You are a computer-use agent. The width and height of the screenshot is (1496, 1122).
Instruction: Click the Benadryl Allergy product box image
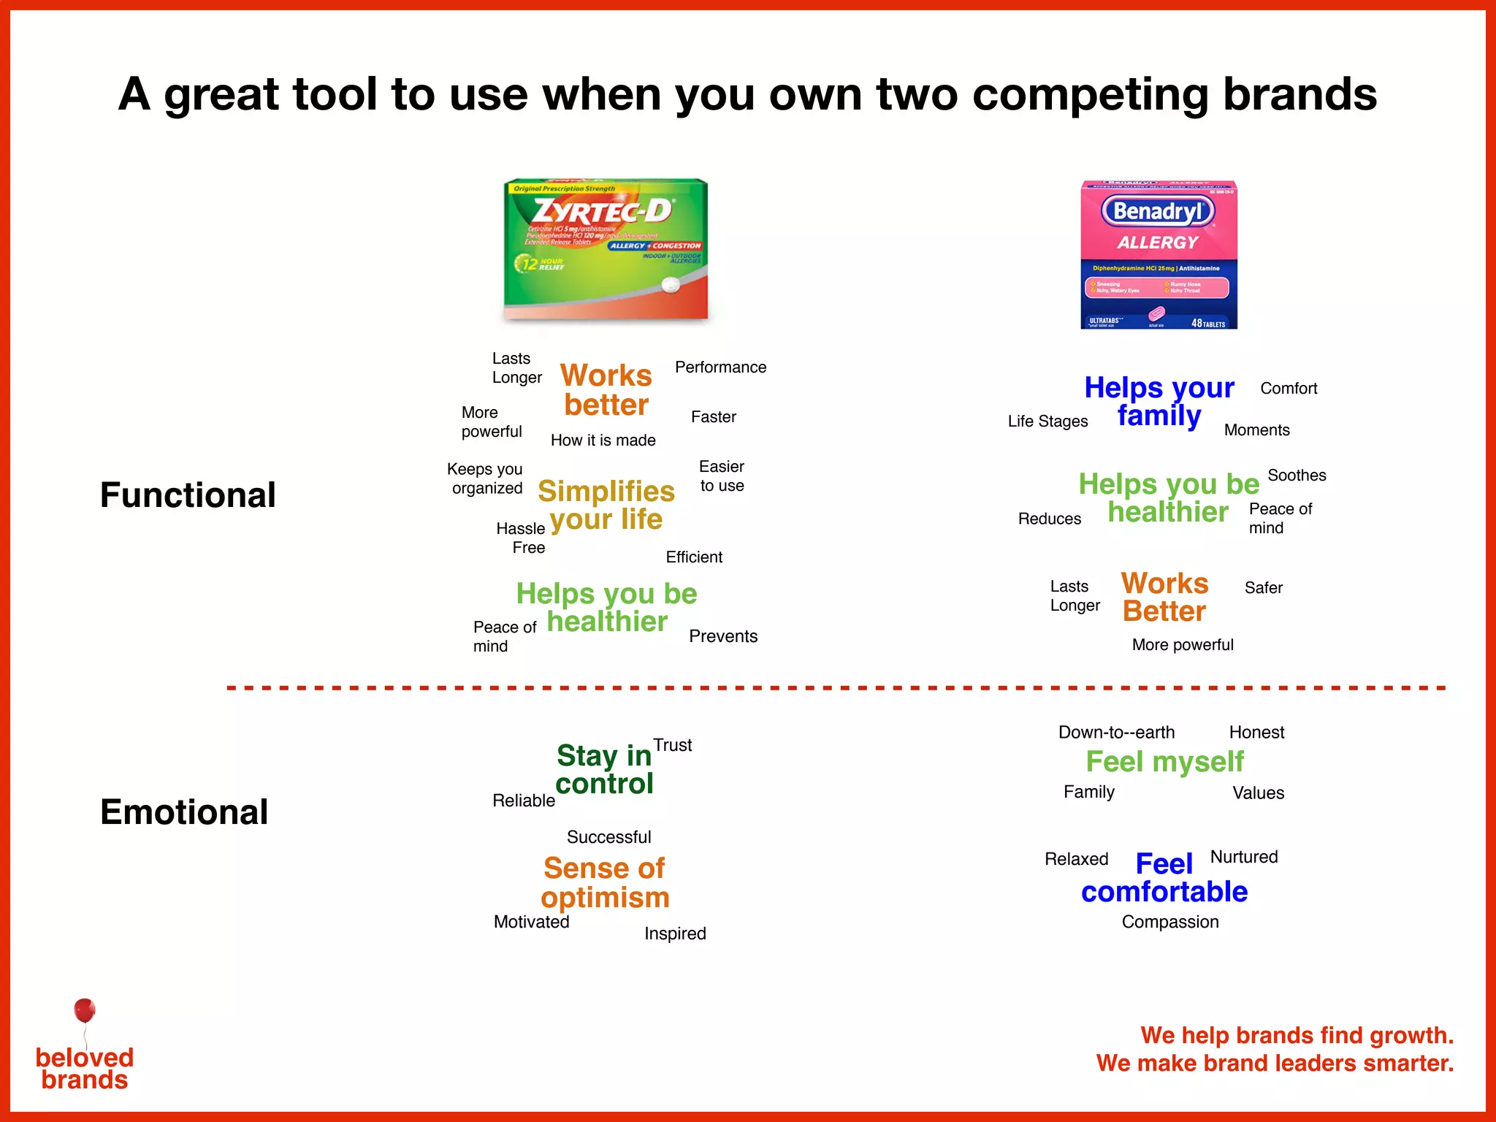click(x=1159, y=254)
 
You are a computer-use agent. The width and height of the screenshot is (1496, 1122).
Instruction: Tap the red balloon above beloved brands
click(x=85, y=1010)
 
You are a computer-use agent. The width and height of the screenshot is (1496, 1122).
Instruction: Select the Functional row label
click(x=188, y=495)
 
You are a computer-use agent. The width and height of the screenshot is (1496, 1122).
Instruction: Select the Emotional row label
click(x=184, y=812)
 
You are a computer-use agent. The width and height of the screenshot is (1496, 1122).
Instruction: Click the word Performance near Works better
click(x=720, y=367)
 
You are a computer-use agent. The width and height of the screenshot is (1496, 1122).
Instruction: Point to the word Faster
click(x=713, y=417)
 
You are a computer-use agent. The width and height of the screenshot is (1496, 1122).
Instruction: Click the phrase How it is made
click(x=603, y=440)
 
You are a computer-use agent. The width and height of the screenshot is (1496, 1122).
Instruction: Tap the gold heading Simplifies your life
click(x=606, y=505)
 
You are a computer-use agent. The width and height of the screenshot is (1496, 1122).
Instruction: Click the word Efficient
click(x=693, y=557)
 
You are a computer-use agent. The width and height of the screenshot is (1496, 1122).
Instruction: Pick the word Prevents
click(x=722, y=636)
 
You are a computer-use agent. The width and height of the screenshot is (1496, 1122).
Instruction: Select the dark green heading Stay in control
click(x=604, y=769)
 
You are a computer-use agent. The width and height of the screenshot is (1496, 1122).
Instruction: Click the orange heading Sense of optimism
click(x=605, y=882)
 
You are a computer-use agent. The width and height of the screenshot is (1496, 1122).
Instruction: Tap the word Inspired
click(x=674, y=934)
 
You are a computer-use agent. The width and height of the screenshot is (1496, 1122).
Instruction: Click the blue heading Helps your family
click(x=1159, y=401)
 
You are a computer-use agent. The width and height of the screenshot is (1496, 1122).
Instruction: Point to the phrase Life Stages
click(x=1047, y=421)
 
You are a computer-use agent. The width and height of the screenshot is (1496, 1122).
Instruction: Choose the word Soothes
click(x=1297, y=476)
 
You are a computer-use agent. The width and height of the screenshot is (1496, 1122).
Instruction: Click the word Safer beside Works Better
click(x=1263, y=588)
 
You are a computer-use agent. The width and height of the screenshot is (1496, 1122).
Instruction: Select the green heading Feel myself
click(x=1164, y=762)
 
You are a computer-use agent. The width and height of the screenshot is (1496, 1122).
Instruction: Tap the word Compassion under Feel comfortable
click(x=1169, y=922)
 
